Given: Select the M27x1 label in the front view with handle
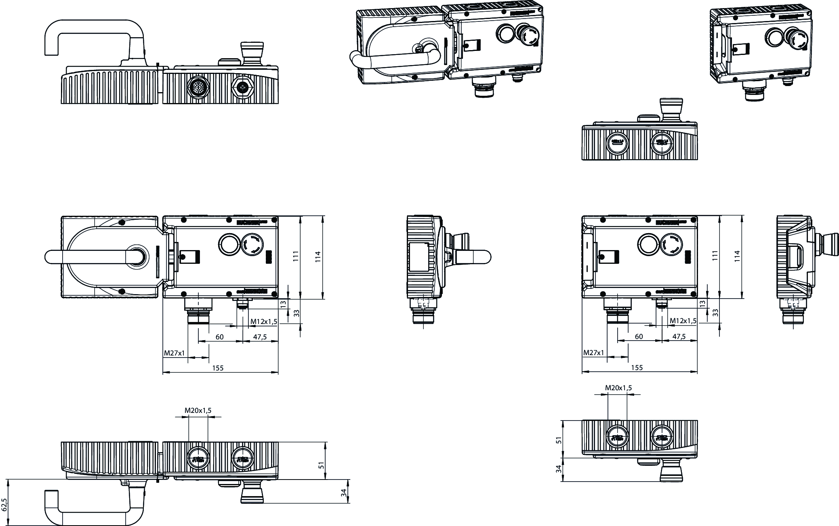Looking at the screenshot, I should pyautogui.click(x=174, y=353).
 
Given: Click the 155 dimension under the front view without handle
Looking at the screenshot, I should pyautogui.click(x=637, y=368).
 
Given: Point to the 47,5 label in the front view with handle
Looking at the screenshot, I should pyautogui.click(x=260, y=337).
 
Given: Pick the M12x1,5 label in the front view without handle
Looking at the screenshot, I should pyautogui.click(x=683, y=321).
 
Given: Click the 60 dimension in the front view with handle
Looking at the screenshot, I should pyautogui.click(x=219, y=337).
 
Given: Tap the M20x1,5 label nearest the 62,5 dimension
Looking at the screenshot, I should pyautogui.click(x=198, y=410).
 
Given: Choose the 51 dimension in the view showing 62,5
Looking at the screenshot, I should pyautogui.click(x=322, y=465).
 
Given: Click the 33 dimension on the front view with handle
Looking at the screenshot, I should pyautogui.click(x=296, y=313).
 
